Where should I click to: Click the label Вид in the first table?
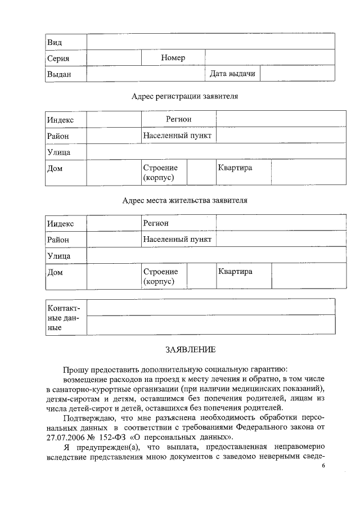coord(55,43)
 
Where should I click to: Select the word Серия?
coord(58,58)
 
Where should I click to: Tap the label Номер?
coord(173,58)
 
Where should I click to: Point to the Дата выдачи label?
coord(232,74)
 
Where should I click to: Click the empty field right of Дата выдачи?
coord(298,74)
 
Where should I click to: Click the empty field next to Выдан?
coord(145,74)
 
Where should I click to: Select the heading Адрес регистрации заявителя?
coord(184,96)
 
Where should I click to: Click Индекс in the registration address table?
coord(60,120)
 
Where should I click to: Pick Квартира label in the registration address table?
coord(235,168)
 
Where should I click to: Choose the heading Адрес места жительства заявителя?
coord(184,200)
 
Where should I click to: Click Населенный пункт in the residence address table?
coord(177,239)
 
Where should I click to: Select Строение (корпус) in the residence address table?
coord(160,277)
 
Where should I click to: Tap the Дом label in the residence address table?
coord(55,272)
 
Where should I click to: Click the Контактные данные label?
coord(64,318)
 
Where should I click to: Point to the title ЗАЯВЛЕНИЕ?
coord(190,350)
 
